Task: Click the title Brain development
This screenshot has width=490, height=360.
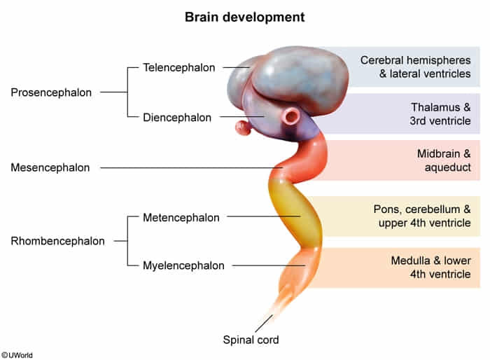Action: [244, 15]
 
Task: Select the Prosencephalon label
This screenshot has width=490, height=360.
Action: [51, 92]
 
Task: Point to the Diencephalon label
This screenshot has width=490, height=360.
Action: [177, 118]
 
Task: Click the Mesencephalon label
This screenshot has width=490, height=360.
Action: [50, 167]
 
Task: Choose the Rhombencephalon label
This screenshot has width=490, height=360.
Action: [57, 241]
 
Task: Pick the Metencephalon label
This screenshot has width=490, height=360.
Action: [181, 217]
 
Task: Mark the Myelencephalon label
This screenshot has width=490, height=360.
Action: [183, 265]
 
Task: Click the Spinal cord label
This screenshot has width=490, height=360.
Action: [251, 340]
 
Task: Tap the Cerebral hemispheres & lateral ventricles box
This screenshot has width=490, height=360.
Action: [414, 67]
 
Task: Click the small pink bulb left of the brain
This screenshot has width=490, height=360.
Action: [242, 128]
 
